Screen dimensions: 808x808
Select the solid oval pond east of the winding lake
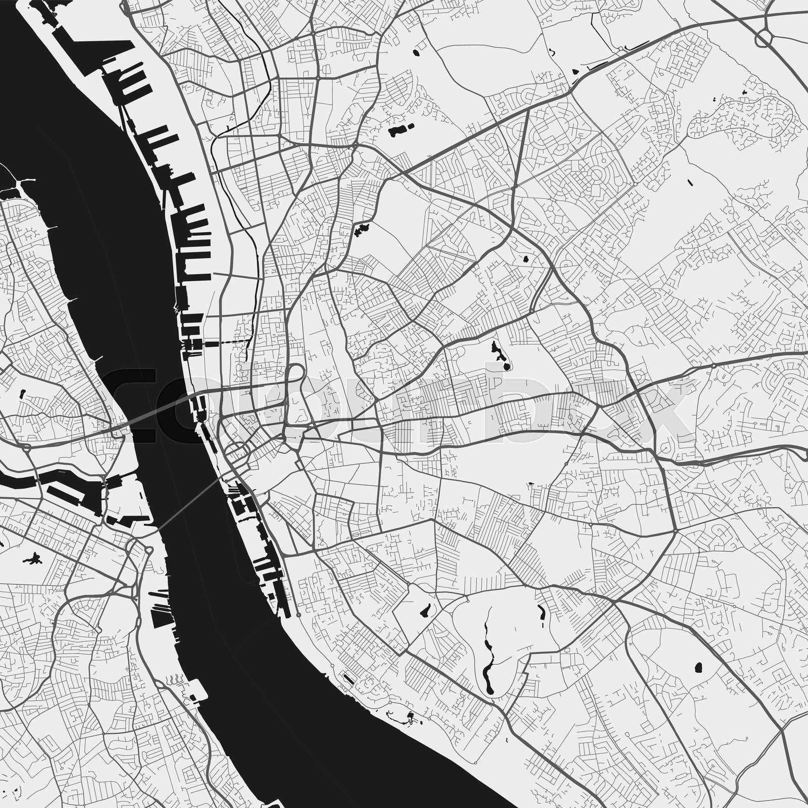[x=699, y=668]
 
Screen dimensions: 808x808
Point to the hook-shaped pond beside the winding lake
[x=542, y=612]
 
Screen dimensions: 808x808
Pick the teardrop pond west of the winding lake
[x=425, y=611]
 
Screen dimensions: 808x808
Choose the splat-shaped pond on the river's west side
[x=34, y=559]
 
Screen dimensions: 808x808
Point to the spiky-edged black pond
[x=361, y=230]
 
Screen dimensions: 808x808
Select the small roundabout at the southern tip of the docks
[x=298, y=615]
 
